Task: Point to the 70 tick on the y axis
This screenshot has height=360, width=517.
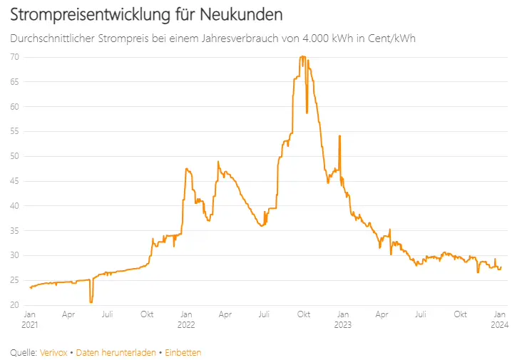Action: [x=15, y=56]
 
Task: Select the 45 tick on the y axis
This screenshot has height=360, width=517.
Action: [x=15, y=181]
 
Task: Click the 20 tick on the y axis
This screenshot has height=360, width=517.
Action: [x=15, y=305]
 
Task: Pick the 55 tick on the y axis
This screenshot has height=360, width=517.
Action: [x=15, y=131]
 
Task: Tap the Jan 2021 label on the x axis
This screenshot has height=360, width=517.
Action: [x=30, y=319]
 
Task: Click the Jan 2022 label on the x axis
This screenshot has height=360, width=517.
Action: [x=185, y=319]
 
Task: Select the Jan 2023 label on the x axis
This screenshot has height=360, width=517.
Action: [x=342, y=319]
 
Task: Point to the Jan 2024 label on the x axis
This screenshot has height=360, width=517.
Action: [x=499, y=319]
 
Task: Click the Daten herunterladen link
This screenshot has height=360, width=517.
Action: [x=116, y=352]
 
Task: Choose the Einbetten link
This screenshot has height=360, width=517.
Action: [x=183, y=352]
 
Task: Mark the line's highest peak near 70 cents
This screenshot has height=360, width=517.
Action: [x=303, y=56]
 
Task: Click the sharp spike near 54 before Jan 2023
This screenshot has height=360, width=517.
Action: [x=339, y=135]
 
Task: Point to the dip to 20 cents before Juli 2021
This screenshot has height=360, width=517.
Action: [x=91, y=302]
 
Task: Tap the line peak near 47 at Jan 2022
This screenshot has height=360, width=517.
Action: [x=186, y=169]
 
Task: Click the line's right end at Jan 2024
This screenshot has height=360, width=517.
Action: [x=501, y=267]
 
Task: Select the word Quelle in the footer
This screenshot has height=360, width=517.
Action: [x=24, y=352]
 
